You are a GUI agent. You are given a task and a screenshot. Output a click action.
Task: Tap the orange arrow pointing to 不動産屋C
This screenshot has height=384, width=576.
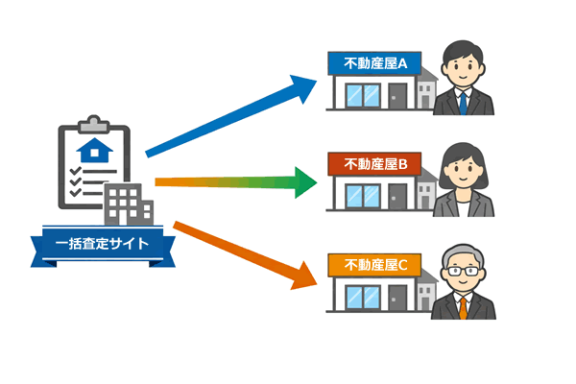pos(235,251)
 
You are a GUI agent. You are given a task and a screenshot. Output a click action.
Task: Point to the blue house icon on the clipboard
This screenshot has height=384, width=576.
pos(93,150)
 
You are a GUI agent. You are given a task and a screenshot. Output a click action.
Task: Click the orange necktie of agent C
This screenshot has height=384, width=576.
pos(464,307)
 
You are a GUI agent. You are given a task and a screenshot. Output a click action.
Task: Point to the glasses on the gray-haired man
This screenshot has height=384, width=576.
pos(463,272)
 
